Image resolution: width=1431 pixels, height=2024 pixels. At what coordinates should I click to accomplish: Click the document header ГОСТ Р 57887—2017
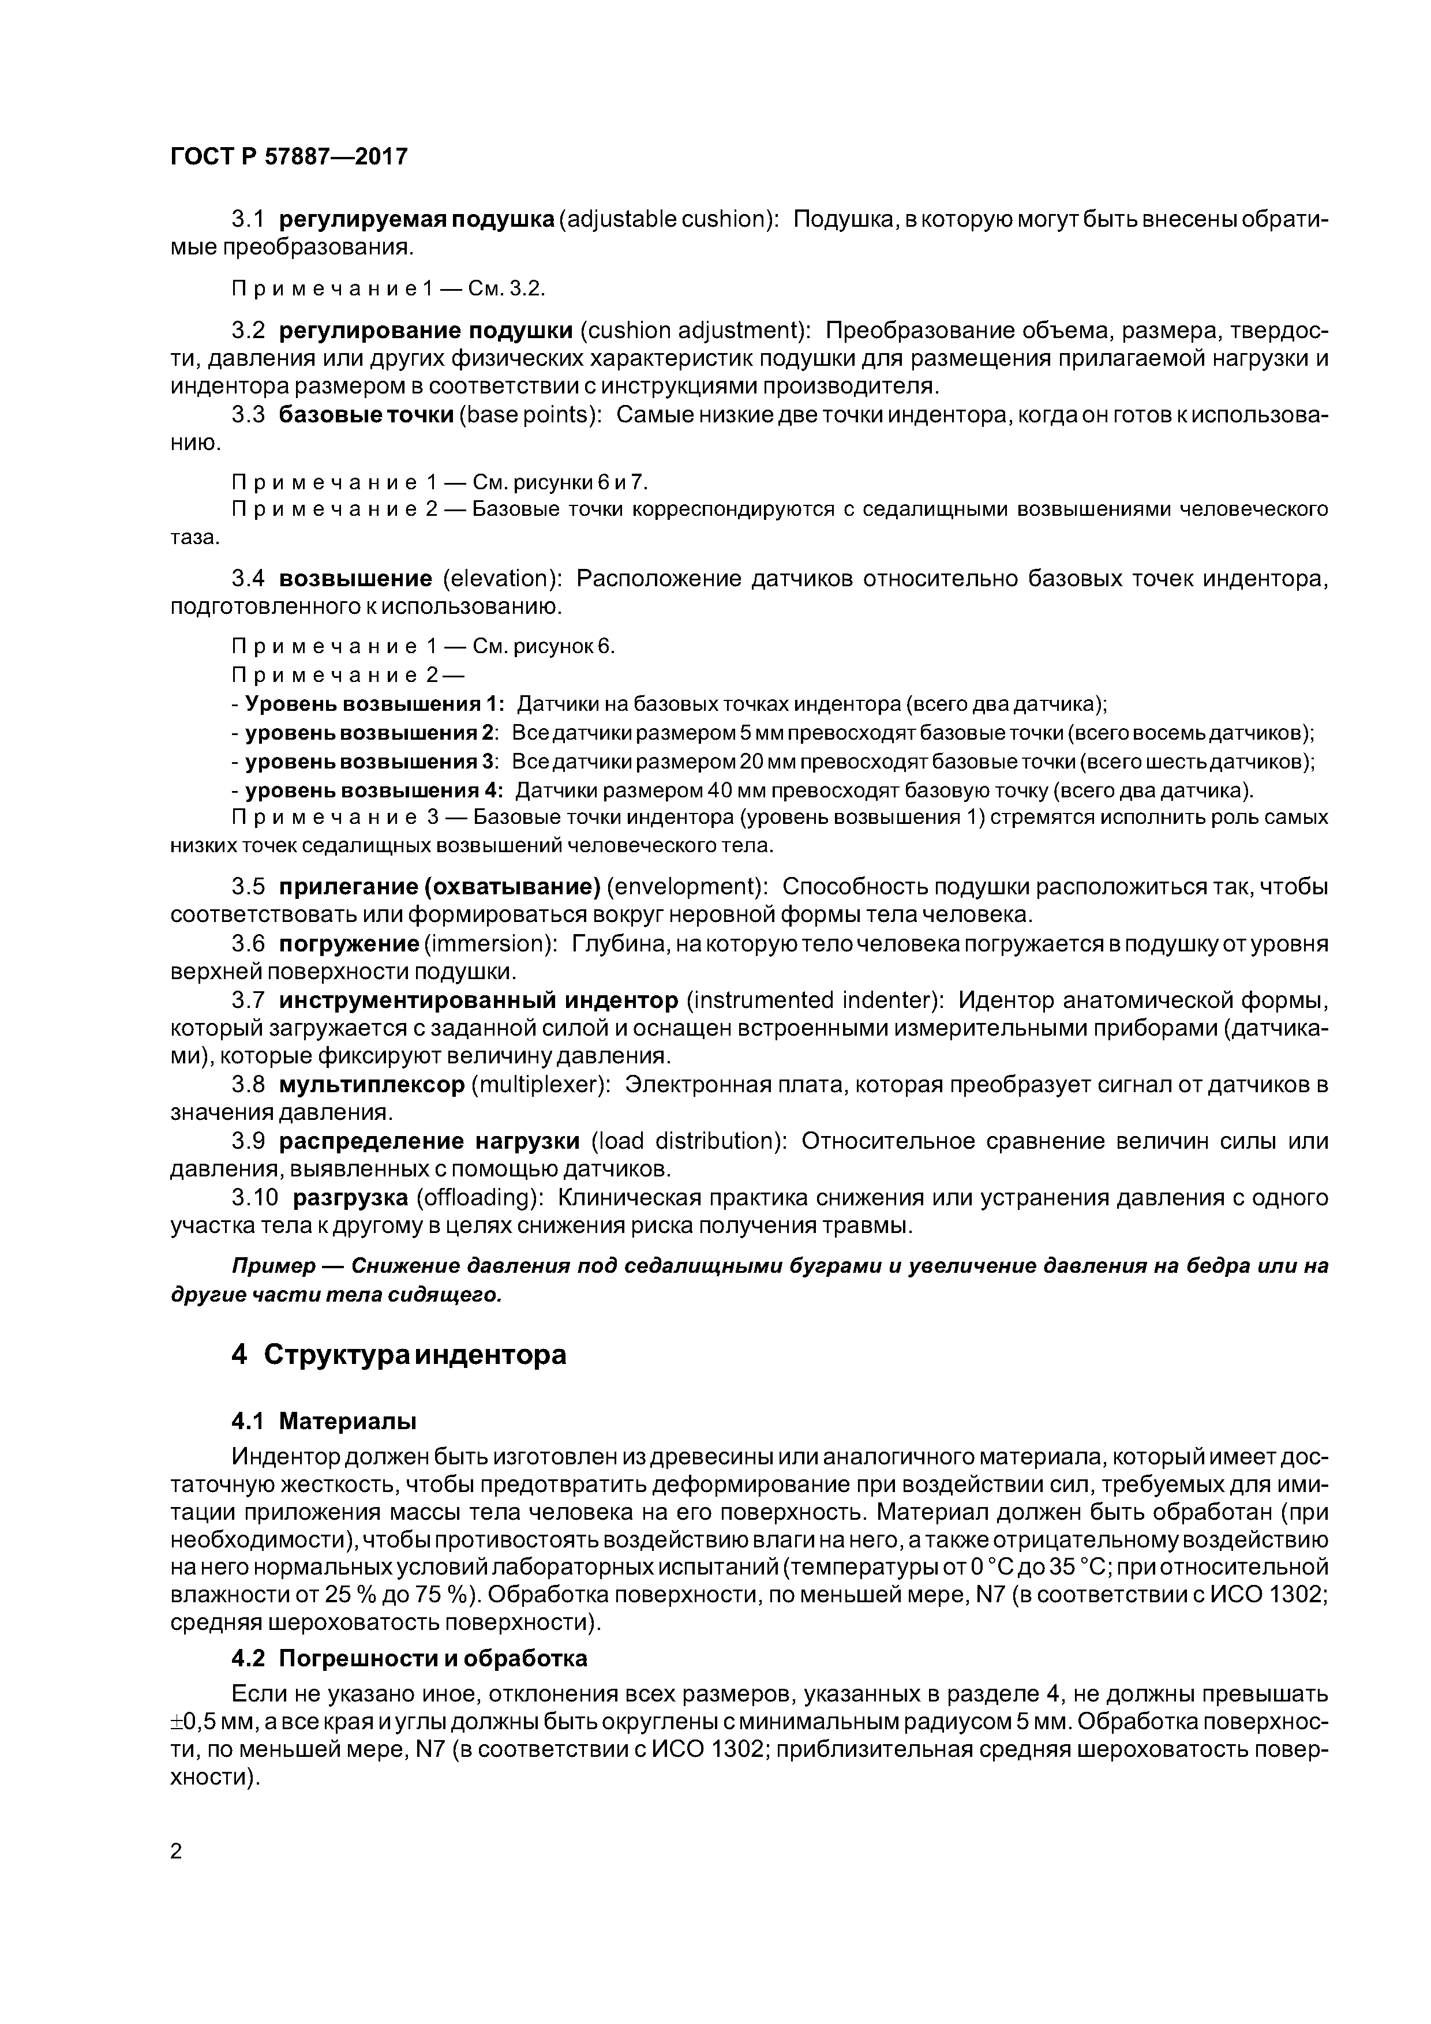(289, 157)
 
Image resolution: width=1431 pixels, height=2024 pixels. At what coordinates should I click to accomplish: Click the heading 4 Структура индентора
(399, 1354)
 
